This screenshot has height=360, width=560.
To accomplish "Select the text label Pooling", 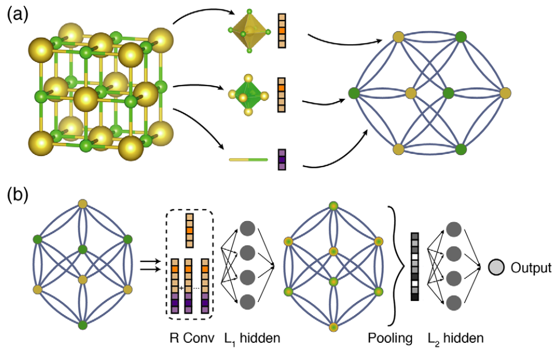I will [x=390, y=339].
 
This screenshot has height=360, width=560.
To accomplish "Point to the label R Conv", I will [x=189, y=339].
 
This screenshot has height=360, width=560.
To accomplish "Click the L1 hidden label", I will [x=252, y=339].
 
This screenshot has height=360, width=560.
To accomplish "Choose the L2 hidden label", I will [x=456, y=339].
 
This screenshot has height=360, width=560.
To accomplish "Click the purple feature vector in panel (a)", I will [x=281, y=159].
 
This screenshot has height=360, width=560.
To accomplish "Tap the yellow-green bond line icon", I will [x=248, y=159].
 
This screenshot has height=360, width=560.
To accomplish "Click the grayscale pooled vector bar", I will [x=415, y=266].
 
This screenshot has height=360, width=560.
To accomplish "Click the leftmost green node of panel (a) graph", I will [x=353, y=92].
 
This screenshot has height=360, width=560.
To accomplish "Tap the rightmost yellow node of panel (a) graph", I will [x=505, y=92].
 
